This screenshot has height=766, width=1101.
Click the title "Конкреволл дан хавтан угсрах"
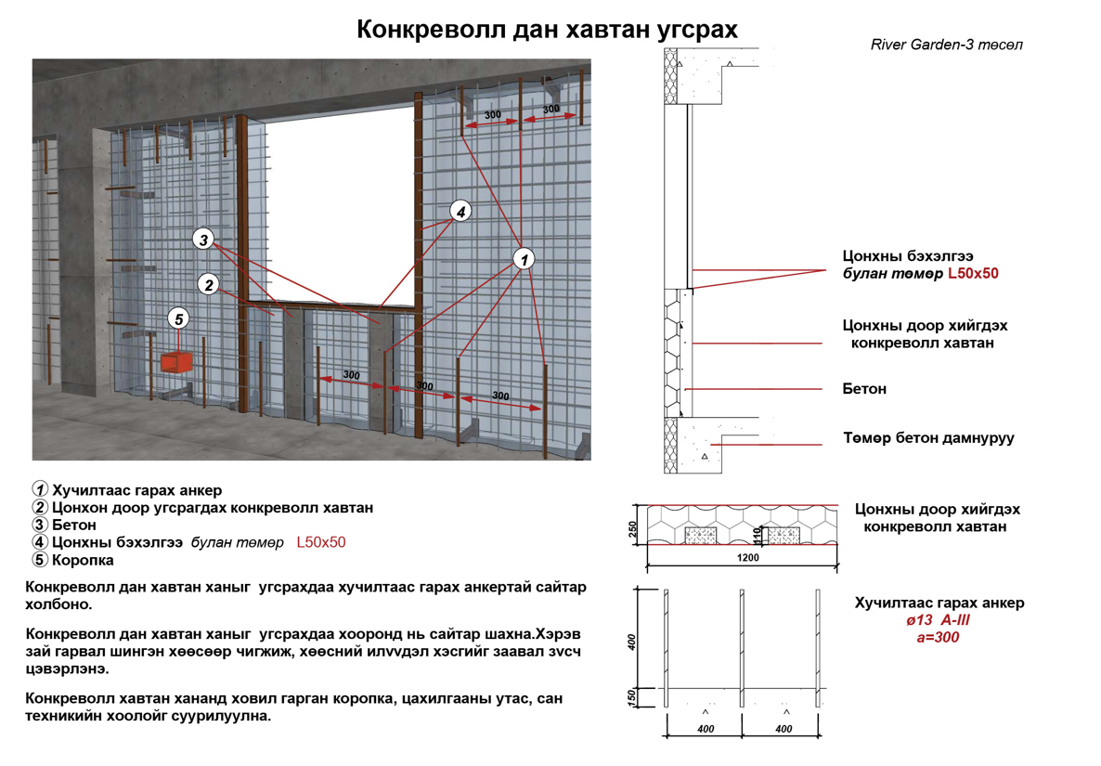point(548,29)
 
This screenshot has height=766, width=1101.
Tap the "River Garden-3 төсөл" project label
point(947,45)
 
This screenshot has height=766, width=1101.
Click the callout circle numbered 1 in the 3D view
point(525,258)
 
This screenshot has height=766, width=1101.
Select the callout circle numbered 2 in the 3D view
point(210,285)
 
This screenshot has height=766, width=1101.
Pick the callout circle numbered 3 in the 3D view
point(204,240)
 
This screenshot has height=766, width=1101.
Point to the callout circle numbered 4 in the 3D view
point(460,211)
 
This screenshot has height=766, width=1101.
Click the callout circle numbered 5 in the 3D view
point(179,319)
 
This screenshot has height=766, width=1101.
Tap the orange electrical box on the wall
point(176,362)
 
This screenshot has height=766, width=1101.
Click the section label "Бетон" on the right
point(863,389)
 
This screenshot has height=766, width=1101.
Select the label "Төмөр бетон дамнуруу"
point(927,437)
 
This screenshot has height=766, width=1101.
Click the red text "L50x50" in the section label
point(972,274)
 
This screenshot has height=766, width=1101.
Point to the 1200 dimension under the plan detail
point(748,558)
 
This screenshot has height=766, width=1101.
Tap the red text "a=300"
point(938,637)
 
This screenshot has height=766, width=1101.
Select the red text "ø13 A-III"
point(939,620)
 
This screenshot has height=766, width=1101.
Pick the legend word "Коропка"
point(83,560)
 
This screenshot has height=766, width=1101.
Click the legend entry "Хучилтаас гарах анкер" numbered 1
point(136,490)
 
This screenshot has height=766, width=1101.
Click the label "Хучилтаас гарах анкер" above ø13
point(939,603)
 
